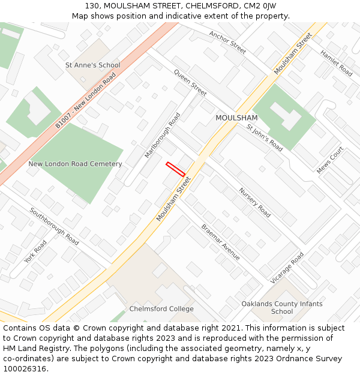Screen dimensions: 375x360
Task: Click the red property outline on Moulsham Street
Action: (175, 169)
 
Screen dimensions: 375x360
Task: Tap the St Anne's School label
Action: (92, 65)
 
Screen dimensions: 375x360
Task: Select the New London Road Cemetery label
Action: (75, 164)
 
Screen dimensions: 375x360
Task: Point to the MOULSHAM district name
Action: (236, 118)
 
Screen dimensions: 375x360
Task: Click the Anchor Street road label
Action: (227, 43)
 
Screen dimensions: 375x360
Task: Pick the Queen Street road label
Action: (190, 82)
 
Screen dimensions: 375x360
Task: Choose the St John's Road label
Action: (265, 137)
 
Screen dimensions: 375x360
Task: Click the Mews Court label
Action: (330, 160)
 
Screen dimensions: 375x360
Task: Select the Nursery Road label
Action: (255, 202)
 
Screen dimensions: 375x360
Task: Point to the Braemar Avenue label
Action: (220, 242)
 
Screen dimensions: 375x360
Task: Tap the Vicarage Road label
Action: (287, 266)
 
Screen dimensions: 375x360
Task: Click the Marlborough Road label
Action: (163, 135)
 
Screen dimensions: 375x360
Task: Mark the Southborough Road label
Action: (54, 226)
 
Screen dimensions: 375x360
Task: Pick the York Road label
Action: (35, 252)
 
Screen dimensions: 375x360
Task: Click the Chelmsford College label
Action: (161, 309)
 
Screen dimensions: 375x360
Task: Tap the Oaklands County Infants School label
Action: (282, 308)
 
